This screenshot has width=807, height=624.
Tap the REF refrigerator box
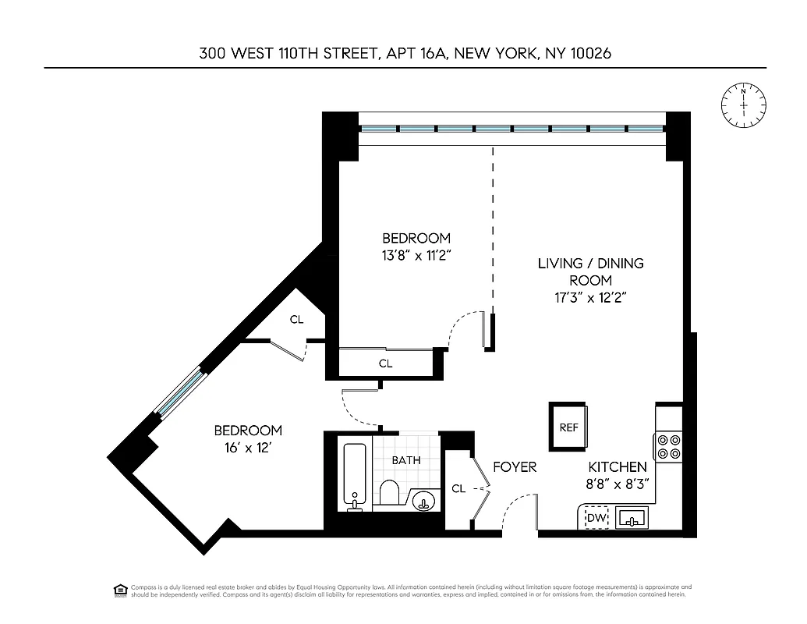tap(568, 427)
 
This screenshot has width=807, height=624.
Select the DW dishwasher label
tap(596, 518)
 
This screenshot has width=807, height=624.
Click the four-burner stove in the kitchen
tap(668, 445)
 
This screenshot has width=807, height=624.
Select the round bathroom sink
tap(423, 498)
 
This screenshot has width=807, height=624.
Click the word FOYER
tap(515, 467)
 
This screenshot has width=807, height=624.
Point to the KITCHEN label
tap(618, 467)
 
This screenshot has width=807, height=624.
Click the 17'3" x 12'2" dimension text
tap(590, 297)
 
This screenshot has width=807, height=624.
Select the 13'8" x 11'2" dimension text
tap(416, 254)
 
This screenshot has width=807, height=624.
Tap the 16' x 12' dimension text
tap(247, 448)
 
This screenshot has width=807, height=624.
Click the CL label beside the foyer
tap(458, 489)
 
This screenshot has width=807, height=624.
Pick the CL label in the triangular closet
tap(296, 319)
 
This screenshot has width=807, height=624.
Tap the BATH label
tap(406, 460)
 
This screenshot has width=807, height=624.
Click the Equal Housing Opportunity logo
tap(120, 590)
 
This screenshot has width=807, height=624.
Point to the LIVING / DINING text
tap(590, 263)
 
